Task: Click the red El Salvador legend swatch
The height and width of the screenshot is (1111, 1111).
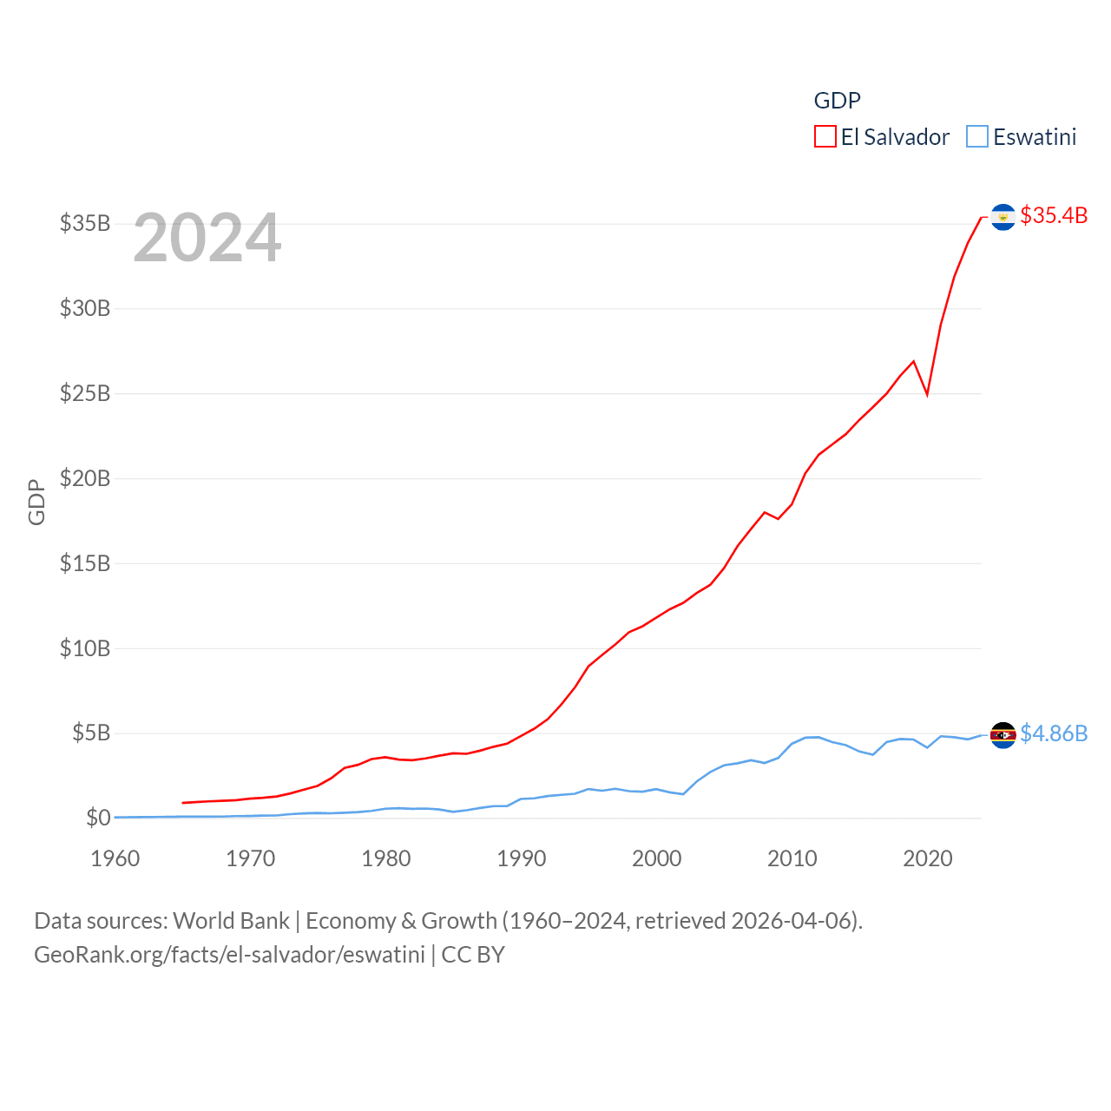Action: click(x=825, y=137)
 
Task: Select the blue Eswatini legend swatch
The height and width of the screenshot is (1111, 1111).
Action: click(x=977, y=137)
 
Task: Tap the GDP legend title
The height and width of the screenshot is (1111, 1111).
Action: click(x=837, y=101)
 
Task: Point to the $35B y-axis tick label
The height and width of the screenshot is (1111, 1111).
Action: click(x=85, y=223)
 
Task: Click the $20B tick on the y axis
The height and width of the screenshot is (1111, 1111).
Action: click(x=85, y=478)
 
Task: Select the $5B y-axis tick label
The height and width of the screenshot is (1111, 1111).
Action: click(x=91, y=733)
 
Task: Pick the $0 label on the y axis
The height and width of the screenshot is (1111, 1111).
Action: click(x=98, y=818)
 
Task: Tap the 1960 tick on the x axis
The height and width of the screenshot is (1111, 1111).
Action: click(x=115, y=858)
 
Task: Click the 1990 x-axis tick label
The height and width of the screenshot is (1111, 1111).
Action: click(x=522, y=858)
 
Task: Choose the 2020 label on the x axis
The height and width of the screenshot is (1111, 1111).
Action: click(x=928, y=858)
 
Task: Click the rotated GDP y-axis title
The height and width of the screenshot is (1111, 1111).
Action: click(x=36, y=502)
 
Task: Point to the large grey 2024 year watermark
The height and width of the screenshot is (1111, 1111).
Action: click(x=207, y=238)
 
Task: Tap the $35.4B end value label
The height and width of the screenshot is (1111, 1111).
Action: click(x=1054, y=215)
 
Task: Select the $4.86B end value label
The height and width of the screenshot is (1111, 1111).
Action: click(x=1054, y=733)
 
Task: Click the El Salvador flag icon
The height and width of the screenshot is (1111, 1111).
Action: click(x=1003, y=217)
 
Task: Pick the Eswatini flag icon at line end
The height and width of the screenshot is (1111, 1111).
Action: click(x=1003, y=735)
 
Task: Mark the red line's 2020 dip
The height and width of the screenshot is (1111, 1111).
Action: click(x=927, y=394)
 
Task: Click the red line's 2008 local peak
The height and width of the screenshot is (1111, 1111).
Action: click(x=765, y=512)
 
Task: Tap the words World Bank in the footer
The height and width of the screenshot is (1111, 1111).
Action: click(x=231, y=920)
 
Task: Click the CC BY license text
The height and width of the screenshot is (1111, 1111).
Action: click(x=473, y=955)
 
